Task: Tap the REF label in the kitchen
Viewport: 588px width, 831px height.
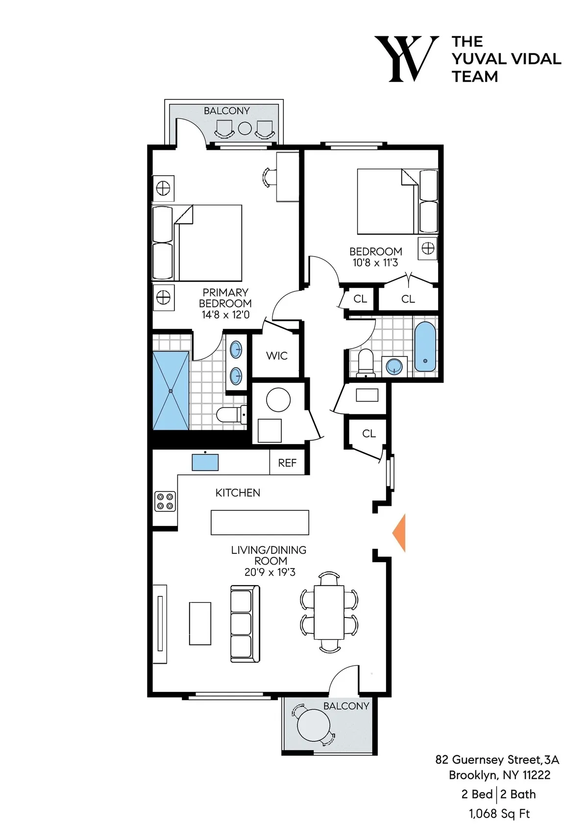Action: (x=287, y=463)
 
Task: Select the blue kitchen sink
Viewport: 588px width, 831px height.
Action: (x=205, y=462)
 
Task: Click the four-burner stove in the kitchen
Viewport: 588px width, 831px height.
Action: (x=165, y=501)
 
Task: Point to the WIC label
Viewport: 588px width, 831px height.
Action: (x=277, y=356)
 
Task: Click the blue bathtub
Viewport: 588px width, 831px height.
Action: (x=425, y=346)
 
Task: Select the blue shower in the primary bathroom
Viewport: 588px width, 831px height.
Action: (x=171, y=391)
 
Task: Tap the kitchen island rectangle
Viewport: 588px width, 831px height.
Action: (x=260, y=522)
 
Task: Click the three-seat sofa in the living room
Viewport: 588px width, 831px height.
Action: (x=245, y=623)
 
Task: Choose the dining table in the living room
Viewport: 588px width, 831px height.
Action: (x=329, y=612)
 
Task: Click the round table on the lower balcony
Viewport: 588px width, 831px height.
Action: (x=314, y=725)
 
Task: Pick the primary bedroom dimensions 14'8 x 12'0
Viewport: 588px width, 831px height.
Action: (x=225, y=315)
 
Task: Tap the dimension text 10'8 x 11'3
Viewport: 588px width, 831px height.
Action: (x=375, y=263)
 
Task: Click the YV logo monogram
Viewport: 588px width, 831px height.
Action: (x=406, y=59)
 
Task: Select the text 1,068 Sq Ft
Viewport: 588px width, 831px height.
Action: (x=499, y=814)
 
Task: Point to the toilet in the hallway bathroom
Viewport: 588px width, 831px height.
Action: (x=366, y=363)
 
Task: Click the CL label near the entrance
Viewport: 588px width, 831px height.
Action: (x=369, y=434)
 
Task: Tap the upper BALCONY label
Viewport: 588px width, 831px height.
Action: (x=226, y=111)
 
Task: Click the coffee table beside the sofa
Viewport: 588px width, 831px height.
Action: (x=200, y=623)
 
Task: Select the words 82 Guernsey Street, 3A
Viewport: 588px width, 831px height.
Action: (x=497, y=760)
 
